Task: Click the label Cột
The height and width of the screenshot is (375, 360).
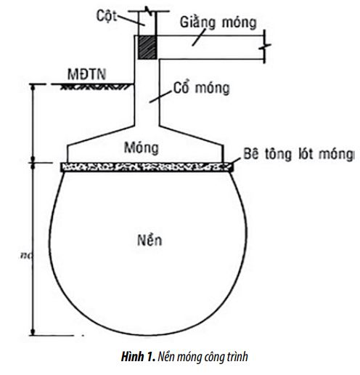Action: click(x=107, y=16)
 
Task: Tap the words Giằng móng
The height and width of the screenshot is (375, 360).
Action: click(x=218, y=23)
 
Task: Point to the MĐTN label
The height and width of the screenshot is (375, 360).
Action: click(x=87, y=74)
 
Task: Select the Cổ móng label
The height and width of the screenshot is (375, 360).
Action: click(x=202, y=88)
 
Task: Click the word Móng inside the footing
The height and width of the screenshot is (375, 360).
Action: click(x=142, y=148)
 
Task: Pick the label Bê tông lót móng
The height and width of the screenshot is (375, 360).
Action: click(x=299, y=154)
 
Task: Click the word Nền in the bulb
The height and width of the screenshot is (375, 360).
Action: click(x=150, y=240)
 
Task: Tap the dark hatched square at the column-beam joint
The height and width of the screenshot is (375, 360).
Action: click(x=147, y=47)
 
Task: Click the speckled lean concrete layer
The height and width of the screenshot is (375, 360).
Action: click(x=147, y=167)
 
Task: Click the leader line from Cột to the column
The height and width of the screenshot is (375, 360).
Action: click(x=131, y=20)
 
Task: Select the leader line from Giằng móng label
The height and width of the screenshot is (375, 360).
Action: click(x=199, y=37)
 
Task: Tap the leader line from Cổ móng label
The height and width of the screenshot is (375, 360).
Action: click(x=161, y=97)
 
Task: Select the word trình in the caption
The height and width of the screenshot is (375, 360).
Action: click(x=237, y=357)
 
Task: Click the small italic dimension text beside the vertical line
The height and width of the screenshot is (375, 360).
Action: click(x=25, y=255)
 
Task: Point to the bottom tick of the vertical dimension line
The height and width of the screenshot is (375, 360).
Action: click(x=33, y=332)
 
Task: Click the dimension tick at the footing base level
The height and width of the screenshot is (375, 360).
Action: click(x=33, y=163)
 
